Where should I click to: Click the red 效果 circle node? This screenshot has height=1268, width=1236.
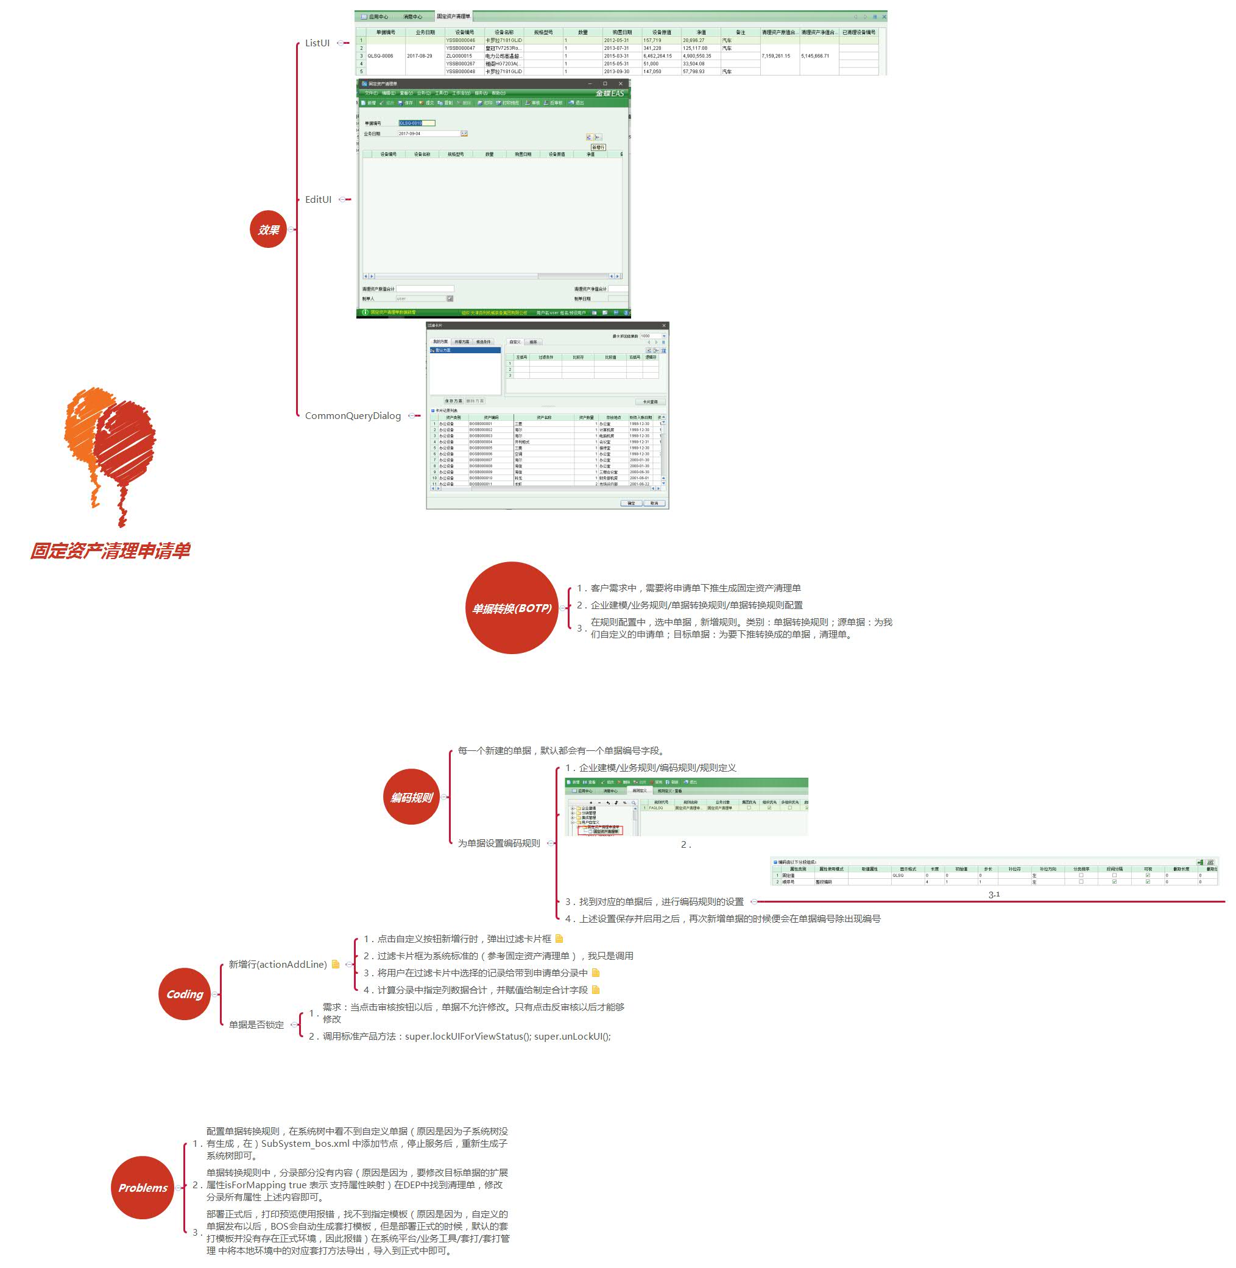268,229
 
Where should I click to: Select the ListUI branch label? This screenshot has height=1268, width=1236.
317,43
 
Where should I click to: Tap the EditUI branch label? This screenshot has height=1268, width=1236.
318,200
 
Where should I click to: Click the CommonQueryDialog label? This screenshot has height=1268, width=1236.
353,416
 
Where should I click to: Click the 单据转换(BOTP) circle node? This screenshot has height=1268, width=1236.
512,608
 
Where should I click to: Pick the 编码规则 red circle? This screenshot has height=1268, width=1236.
412,797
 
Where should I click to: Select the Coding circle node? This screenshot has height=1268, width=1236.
185,994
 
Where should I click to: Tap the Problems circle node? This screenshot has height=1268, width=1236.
143,1188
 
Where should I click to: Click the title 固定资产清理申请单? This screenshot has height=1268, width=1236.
110,551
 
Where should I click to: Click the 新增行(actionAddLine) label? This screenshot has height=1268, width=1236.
278,964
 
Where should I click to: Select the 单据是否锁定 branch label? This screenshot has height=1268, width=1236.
256,1024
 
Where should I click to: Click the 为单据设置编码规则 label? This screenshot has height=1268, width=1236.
498,843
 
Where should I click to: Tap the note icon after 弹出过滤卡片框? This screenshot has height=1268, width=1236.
560,939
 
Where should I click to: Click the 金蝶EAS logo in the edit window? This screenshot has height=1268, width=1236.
610,93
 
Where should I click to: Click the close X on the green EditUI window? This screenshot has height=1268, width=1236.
621,83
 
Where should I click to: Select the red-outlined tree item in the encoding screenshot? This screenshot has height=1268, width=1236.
604,831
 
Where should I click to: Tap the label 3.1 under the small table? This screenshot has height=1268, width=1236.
994,894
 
